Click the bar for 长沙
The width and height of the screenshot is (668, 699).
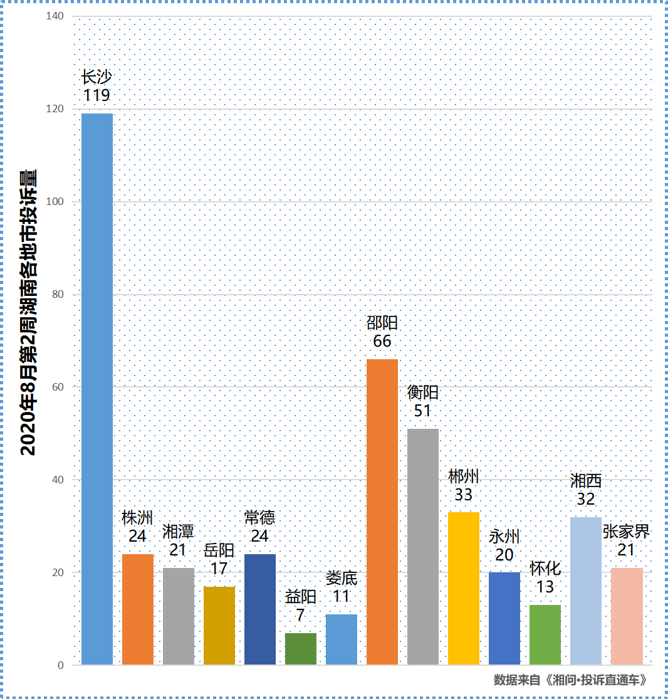(97, 389)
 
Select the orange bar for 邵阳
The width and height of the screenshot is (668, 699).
(382, 512)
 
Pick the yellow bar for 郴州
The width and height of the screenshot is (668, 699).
(464, 588)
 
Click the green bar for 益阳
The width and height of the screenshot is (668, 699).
(301, 649)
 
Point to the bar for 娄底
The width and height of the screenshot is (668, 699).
(342, 639)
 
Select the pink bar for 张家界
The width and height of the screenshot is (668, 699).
(627, 616)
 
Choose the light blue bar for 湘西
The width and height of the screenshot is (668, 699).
(586, 591)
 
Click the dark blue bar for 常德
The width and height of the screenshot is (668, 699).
(260, 609)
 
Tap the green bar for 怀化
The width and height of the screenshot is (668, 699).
(545, 634)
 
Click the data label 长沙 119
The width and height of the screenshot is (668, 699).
(97, 87)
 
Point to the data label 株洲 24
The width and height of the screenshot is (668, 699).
(137, 527)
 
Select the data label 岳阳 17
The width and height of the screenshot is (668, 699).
(219, 560)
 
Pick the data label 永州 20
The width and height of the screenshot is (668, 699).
(504, 546)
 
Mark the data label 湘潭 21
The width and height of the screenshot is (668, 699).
(179, 541)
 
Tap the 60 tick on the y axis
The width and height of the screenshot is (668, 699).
(58, 387)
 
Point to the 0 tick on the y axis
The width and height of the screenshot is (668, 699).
(61, 665)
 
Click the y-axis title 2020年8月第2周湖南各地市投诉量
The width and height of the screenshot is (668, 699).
(28, 312)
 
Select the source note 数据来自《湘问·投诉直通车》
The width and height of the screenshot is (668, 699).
(570, 680)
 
